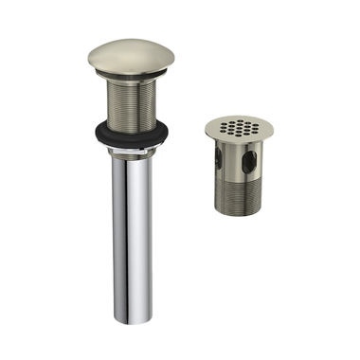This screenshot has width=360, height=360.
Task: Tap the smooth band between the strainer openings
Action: [x=232, y=163]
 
